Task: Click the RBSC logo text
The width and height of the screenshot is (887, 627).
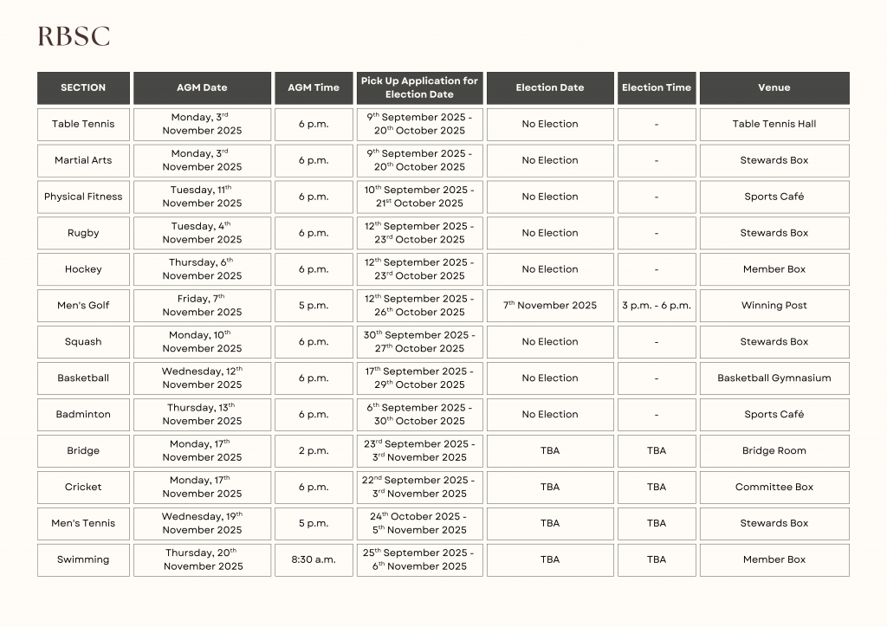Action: (74, 36)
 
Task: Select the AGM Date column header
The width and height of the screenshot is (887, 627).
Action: (202, 87)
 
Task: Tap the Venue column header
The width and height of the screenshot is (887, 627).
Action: (774, 87)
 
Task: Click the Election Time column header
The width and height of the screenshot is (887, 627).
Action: (656, 87)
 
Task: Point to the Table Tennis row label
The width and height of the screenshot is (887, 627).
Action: (83, 124)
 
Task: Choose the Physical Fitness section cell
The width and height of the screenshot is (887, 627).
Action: (83, 197)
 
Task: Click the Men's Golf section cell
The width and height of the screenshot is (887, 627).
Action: (83, 306)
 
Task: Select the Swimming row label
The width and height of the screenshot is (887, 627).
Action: (83, 559)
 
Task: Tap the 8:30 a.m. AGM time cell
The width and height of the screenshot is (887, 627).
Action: (314, 559)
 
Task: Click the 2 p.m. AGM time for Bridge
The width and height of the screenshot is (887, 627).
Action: (314, 450)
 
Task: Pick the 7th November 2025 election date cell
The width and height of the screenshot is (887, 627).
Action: (550, 306)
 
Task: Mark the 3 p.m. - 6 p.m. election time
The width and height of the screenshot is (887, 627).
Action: (656, 306)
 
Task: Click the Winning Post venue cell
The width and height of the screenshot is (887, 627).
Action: (774, 306)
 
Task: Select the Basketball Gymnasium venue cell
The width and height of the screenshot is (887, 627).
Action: (774, 378)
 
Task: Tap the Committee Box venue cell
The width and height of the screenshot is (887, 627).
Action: (774, 487)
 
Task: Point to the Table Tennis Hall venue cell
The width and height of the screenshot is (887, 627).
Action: (774, 124)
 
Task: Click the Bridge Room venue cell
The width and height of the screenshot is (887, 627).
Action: (774, 450)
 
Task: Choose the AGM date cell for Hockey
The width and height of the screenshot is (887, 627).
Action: (202, 269)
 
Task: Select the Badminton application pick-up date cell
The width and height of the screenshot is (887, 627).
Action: (419, 414)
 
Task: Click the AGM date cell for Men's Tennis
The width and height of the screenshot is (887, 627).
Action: (202, 523)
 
